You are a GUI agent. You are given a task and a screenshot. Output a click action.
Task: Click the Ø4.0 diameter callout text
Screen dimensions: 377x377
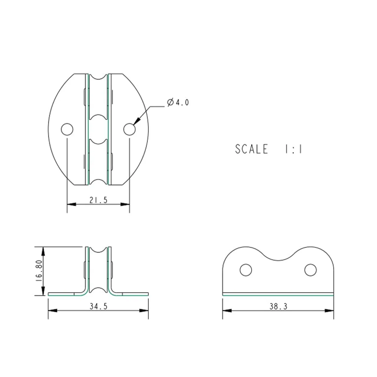coord(178,102)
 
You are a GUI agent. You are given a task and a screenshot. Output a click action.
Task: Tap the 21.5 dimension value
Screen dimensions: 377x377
coord(98,200)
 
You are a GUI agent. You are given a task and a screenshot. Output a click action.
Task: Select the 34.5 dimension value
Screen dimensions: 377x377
coord(98,306)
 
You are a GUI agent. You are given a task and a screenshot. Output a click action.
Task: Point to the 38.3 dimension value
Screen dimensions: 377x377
coord(278,306)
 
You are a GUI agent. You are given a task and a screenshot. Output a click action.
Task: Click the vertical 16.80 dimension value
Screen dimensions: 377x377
coord(39,271)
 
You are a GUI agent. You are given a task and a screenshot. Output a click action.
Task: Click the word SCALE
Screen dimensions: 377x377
coord(252,149)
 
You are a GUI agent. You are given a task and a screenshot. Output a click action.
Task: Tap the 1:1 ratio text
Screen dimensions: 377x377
coord(293,149)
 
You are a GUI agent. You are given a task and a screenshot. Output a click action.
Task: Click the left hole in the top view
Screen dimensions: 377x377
coord(67,129)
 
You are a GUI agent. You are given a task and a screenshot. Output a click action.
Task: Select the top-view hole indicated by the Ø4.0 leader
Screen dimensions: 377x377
coord(130,129)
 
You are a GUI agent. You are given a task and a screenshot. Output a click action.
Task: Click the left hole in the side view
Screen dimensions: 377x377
coord(246,270)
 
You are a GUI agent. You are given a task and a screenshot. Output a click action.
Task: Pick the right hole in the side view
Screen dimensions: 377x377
coord(310,270)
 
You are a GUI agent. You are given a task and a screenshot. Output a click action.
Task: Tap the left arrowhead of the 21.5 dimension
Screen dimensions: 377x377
coord(72,204)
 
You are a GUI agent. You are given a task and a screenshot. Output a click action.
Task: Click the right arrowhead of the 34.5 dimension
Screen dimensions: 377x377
coord(144,310)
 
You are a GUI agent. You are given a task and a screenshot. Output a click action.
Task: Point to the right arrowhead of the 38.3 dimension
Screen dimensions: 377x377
coord(329,310)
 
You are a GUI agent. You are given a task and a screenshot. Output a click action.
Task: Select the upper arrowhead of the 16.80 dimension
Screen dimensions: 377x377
coord(43,252)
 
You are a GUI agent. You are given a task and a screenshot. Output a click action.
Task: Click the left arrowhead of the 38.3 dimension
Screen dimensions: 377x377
coord(227,310)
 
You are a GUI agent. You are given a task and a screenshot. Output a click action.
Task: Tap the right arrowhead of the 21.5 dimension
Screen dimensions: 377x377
coord(125,204)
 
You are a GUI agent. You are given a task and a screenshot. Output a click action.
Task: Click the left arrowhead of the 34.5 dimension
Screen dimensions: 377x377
coord(53,310)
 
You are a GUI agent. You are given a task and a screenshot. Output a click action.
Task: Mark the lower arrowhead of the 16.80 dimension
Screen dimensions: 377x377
coord(43,291)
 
